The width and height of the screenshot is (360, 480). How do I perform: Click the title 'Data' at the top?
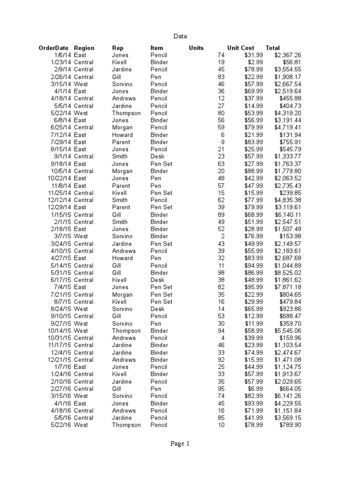click(x=180, y=36)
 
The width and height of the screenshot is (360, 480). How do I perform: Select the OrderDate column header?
click(x=53, y=48)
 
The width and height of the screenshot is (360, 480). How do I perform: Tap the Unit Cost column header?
click(x=240, y=48)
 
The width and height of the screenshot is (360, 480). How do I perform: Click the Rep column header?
click(x=118, y=48)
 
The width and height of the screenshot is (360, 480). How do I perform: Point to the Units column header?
click(x=196, y=48)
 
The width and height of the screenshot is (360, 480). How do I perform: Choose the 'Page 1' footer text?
click(x=180, y=444)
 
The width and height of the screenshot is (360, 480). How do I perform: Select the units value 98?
click(x=221, y=273)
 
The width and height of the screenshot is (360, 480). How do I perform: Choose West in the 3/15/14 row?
click(x=81, y=84)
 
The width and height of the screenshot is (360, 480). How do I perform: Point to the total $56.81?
click(x=292, y=62)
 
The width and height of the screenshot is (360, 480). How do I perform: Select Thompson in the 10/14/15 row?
click(x=126, y=331)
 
